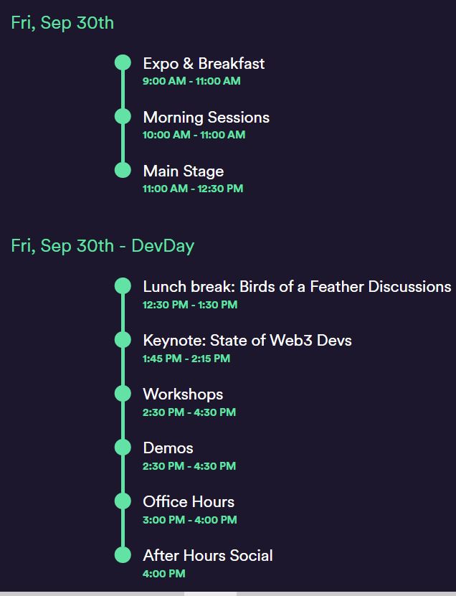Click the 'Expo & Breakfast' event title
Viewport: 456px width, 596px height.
coord(204,64)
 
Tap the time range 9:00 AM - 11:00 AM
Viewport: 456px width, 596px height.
coord(191,81)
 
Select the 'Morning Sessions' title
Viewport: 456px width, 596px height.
coord(206,118)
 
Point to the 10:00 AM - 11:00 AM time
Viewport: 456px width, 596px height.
coord(194,135)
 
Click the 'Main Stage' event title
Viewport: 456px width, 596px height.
coord(184,171)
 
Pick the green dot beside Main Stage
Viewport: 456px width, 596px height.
coord(123,170)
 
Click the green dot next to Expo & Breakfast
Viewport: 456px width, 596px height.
coord(123,62)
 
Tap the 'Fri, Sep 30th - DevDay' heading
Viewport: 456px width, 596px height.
coord(103,246)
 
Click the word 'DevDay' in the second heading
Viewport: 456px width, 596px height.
coord(163,246)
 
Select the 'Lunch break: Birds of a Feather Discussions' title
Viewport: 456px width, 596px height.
coord(297,287)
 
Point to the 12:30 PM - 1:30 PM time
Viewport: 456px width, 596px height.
coord(190,305)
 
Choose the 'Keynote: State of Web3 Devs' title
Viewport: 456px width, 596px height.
coord(247,341)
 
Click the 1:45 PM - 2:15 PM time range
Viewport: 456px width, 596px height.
coord(186,359)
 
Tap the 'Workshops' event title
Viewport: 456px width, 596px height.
coord(183,394)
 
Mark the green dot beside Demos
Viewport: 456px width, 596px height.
coord(123,447)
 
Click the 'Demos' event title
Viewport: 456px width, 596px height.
coord(168,448)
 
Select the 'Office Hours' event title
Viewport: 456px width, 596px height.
coord(189,502)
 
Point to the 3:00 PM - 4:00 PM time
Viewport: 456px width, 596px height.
coord(189,519)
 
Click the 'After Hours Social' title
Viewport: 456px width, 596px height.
coord(208,556)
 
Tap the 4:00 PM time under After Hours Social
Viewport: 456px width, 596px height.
coord(163,574)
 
